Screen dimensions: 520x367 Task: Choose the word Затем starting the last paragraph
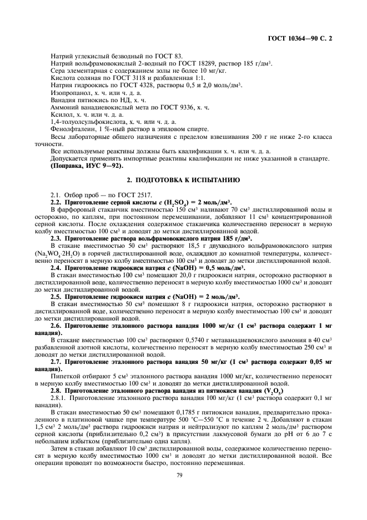[59, 456]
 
